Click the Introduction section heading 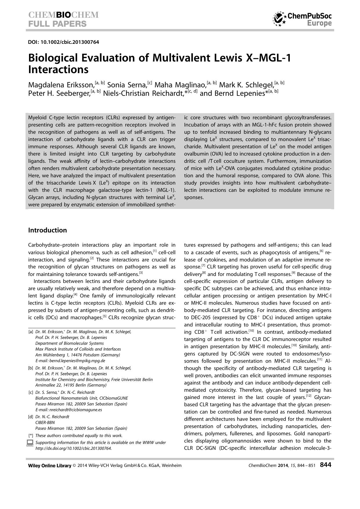tap(47, 230)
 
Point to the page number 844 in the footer tap(325, 465)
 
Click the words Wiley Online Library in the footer tap(50, 465)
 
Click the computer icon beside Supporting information tap(30, 443)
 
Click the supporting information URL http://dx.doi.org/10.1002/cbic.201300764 tap(73, 448)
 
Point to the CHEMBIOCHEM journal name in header tap(63, 15)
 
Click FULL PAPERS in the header tap(57, 24)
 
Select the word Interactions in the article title tap(58, 70)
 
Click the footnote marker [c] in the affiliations tap(30, 392)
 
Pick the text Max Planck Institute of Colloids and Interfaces tap(78, 349)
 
